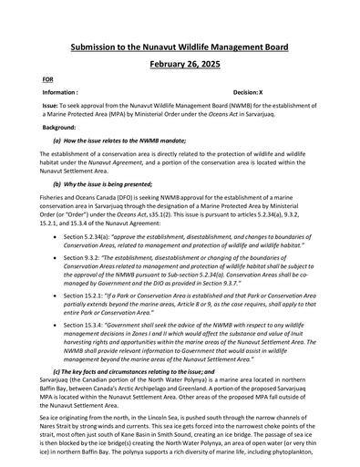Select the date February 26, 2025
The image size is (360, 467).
180,66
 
